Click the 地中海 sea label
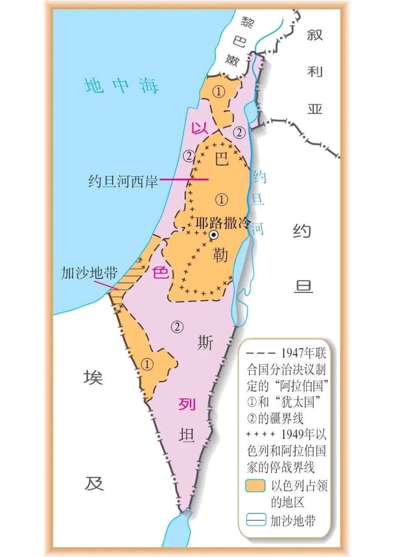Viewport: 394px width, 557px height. (x=122, y=86)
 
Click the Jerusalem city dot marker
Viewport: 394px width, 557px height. (x=214, y=235)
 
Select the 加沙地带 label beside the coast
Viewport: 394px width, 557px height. (x=89, y=273)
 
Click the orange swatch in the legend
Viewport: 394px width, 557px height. (x=255, y=485)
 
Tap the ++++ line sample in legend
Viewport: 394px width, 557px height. (x=260, y=434)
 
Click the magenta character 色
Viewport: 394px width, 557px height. (x=160, y=273)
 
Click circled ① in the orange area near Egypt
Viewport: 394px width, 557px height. (x=148, y=365)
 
